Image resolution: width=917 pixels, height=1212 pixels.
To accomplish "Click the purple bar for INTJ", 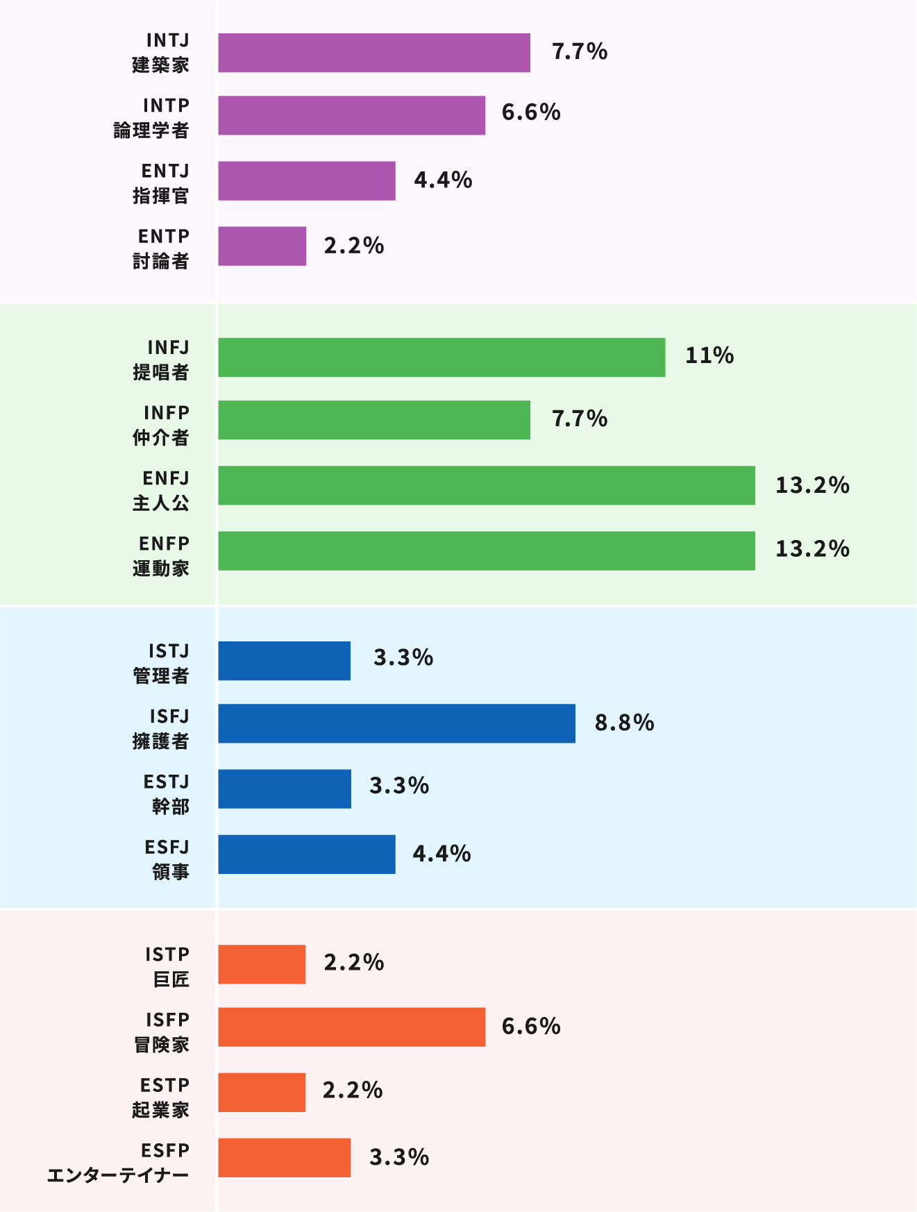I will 373,53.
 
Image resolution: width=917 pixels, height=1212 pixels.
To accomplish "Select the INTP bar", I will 351,115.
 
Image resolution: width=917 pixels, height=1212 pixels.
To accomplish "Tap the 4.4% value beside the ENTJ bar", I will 443,180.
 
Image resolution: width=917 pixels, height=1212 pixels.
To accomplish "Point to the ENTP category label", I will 162,249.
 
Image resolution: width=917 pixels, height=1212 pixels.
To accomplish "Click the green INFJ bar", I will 441,357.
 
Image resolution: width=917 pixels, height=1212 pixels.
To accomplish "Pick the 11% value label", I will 709,356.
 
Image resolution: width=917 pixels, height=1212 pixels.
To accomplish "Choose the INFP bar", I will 373,420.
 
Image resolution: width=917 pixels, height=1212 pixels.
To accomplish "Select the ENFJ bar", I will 486,485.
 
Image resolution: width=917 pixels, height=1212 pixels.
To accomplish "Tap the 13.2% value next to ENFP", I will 812,549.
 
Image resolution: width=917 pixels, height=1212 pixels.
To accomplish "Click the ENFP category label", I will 162,556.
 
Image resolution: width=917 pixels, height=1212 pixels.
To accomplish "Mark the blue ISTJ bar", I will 284,661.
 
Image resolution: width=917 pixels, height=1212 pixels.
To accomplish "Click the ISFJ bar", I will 396,723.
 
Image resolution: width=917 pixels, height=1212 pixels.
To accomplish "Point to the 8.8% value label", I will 624,723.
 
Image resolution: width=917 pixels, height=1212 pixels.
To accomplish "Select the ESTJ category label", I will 167,794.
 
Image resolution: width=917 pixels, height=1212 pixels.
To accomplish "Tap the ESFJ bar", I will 306,855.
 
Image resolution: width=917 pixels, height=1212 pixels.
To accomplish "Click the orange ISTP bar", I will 262,964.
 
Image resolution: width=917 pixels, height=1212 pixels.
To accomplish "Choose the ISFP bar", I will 351,1027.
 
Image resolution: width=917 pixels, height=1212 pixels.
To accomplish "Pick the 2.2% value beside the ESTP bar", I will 353,1091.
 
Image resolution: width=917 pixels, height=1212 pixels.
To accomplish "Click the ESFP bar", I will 284,1158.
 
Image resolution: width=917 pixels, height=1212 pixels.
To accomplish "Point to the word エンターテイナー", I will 118,1176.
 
